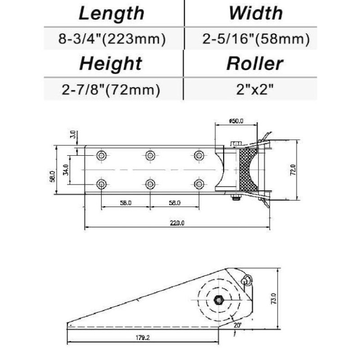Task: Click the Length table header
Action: click(112, 13)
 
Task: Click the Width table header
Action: click(255, 13)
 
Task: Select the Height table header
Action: click(111, 64)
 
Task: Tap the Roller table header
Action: click(255, 64)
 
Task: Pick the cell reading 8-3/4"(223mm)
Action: click(112, 39)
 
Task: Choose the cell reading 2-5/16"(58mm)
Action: click(256, 39)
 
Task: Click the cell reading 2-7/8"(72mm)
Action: click(112, 90)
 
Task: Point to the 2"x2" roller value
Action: click(255, 90)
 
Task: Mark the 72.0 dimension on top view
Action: click(292, 171)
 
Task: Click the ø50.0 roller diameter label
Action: click(236, 121)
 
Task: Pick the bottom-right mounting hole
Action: click(198, 184)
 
